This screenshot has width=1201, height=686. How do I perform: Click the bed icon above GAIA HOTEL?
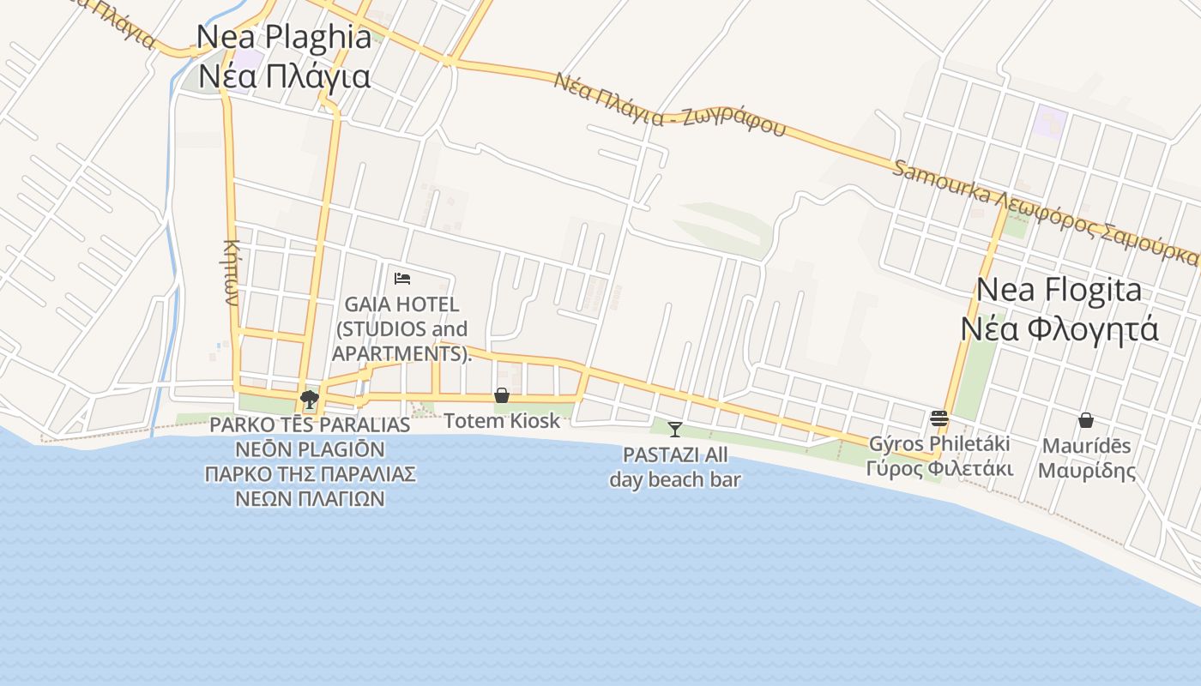point(402,278)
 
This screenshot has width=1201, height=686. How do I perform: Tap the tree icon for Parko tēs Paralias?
point(309,400)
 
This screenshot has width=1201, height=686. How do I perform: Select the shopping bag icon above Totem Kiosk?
point(502,395)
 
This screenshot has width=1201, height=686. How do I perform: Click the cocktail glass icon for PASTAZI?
point(675,429)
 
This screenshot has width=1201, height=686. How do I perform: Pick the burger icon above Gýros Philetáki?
point(939,418)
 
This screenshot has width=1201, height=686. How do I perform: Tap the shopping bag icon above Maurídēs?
point(1085,420)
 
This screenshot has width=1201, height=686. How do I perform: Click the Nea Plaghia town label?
point(284,37)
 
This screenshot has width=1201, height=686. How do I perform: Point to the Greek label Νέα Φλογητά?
point(1059,328)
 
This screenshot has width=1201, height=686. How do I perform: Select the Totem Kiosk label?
point(502,421)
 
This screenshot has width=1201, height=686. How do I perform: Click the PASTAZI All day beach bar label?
point(675,467)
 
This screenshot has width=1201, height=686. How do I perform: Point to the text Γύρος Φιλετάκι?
point(939,469)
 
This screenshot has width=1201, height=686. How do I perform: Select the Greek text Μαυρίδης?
point(1086,471)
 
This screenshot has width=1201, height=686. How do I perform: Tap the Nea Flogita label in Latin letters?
point(1059,290)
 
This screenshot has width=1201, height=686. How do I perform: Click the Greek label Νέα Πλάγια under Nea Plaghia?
point(284,76)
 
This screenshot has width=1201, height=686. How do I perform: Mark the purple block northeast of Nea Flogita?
point(1049,123)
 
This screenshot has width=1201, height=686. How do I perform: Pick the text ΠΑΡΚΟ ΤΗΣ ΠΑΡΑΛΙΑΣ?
point(311,473)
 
